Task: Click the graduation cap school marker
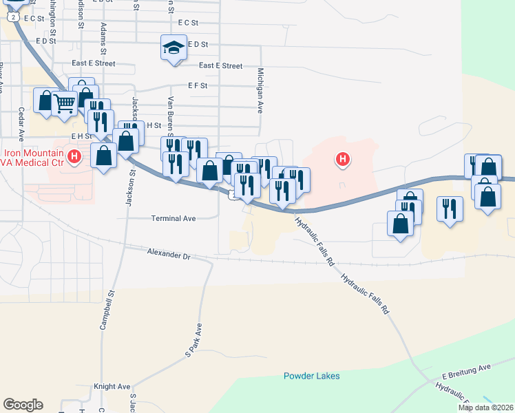coord(174,48)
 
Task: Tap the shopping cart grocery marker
coord(64,104)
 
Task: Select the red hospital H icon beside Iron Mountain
coord(76,158)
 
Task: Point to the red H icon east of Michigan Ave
coord(342,161)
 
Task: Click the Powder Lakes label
coord(312,376)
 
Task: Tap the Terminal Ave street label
coord(174,218)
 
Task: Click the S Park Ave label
coord(192,340)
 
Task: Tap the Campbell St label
coord(107,313)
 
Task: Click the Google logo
coord(23,405)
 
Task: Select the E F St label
coord(197,86)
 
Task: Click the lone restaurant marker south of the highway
coord(450,208)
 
